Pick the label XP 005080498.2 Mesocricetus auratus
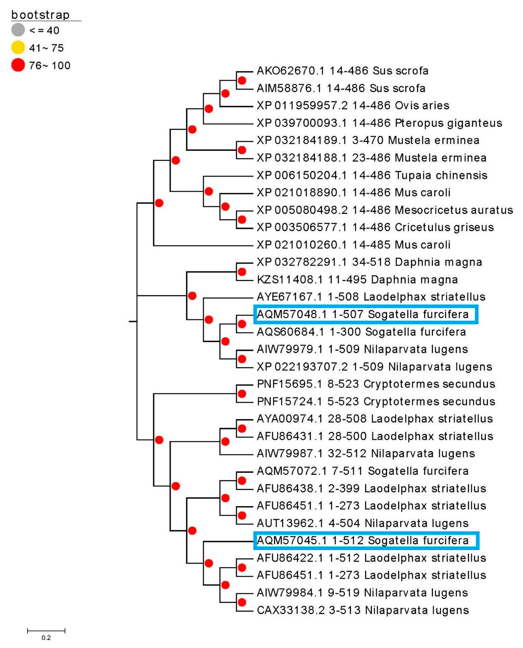pyautogui.click(x=384, y=210)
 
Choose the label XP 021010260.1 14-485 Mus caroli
pyautogui.click(x=353, y=245)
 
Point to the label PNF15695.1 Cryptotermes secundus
pyautogui.click(x=376, y=384)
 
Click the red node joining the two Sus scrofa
pyautogui.click(x=242, y=80)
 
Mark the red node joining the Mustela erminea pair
pyautogui.click(x=242, y=150)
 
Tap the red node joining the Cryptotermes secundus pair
pyautogui.click(x=242, y=393)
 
